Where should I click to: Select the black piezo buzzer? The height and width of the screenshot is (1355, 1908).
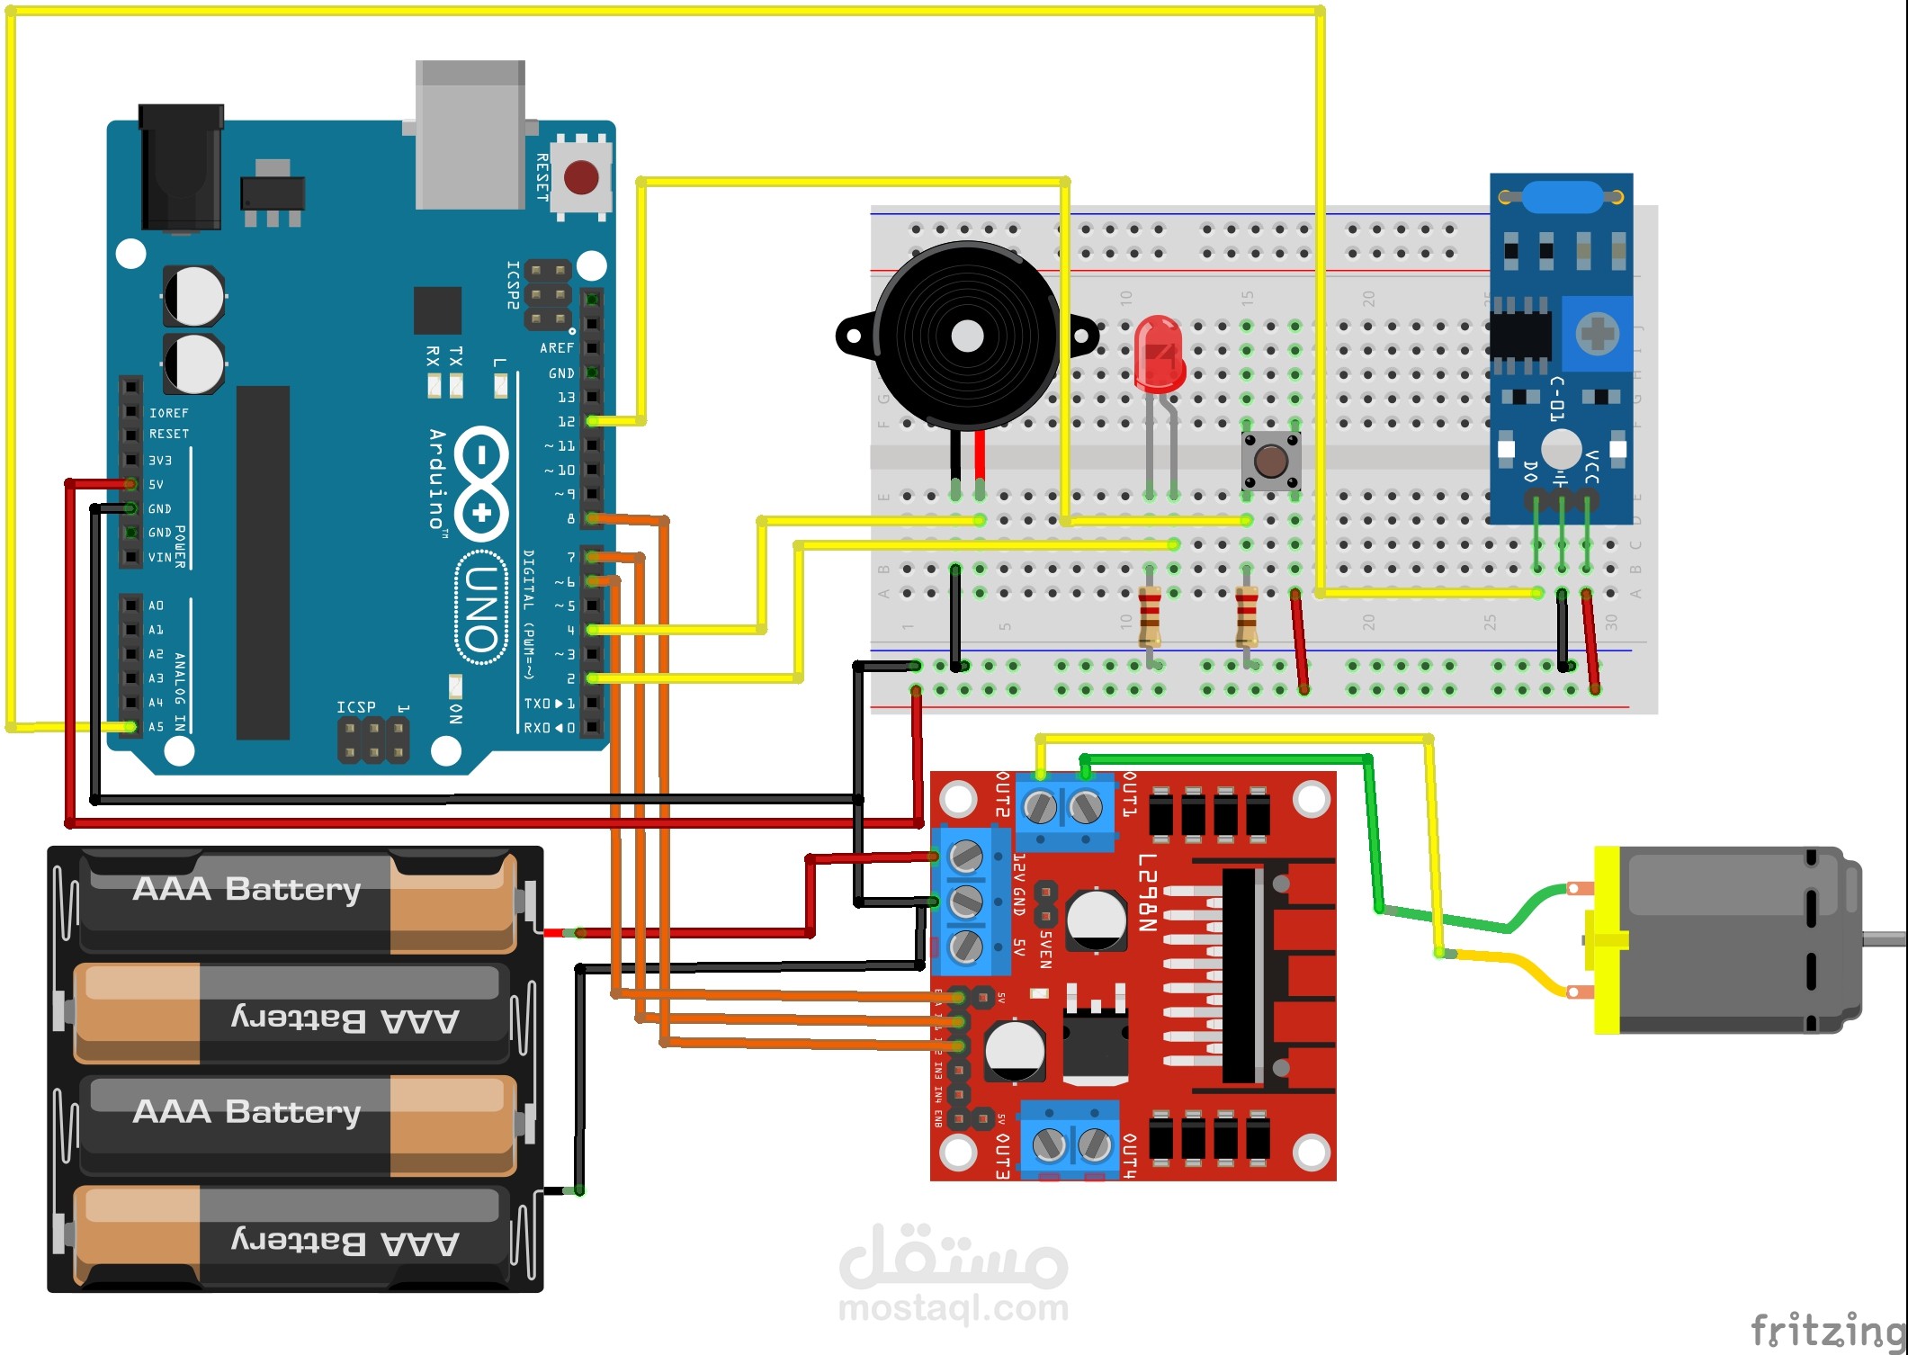coord(966,337)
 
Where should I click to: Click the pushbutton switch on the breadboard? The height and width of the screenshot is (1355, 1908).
coord(1270,461)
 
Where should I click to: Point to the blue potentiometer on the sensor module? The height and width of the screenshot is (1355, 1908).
coord(1598,334)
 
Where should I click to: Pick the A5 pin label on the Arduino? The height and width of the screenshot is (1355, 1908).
coord(157,727)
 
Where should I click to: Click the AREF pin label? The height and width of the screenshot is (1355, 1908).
coord(557,348)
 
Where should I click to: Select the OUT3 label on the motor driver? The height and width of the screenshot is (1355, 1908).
coord(1002,1155)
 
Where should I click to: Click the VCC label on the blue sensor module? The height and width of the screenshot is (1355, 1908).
coord(1591,467)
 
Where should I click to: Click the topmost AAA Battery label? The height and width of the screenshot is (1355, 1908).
coord(246,890)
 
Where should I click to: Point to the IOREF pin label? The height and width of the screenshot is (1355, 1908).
coord(169,413)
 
